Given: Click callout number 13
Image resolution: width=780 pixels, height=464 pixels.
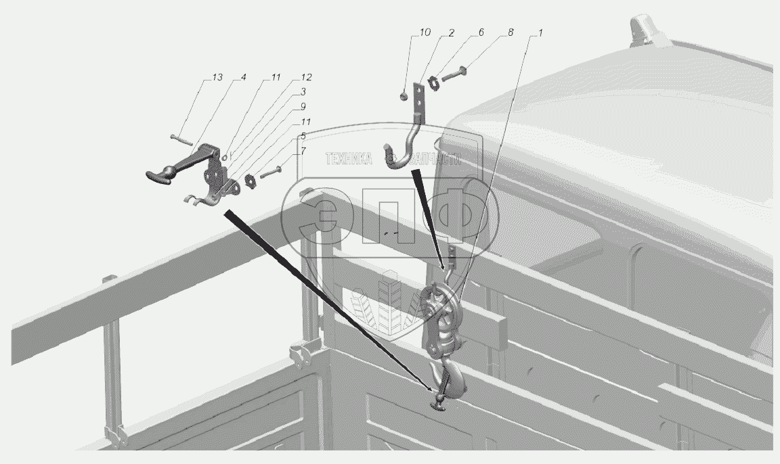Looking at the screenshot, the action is click(x=217, y=78).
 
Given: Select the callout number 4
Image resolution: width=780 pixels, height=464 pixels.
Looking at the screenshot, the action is click(x=242, y=78).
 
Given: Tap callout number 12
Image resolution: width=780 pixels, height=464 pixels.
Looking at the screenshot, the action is click(x=307, y=78).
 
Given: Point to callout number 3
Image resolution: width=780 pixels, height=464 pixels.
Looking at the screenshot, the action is click(x=303, y=91).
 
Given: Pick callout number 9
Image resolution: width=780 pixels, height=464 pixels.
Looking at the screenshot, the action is click(x=303, y=107).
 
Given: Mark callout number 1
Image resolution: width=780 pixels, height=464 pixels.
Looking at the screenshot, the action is click(x=540, y=32).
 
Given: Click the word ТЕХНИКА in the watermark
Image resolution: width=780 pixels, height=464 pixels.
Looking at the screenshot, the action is click(x=349, y=159).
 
